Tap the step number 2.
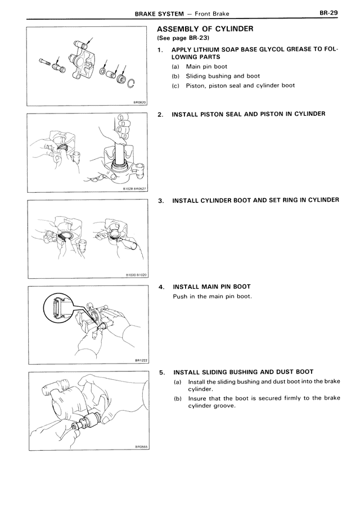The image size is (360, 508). click(x=161, y=114)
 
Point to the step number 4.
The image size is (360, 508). click(x=161, y=287)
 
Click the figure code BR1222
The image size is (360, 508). click(x=140, y=361)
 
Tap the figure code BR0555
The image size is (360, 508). click(x=140, y=447)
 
